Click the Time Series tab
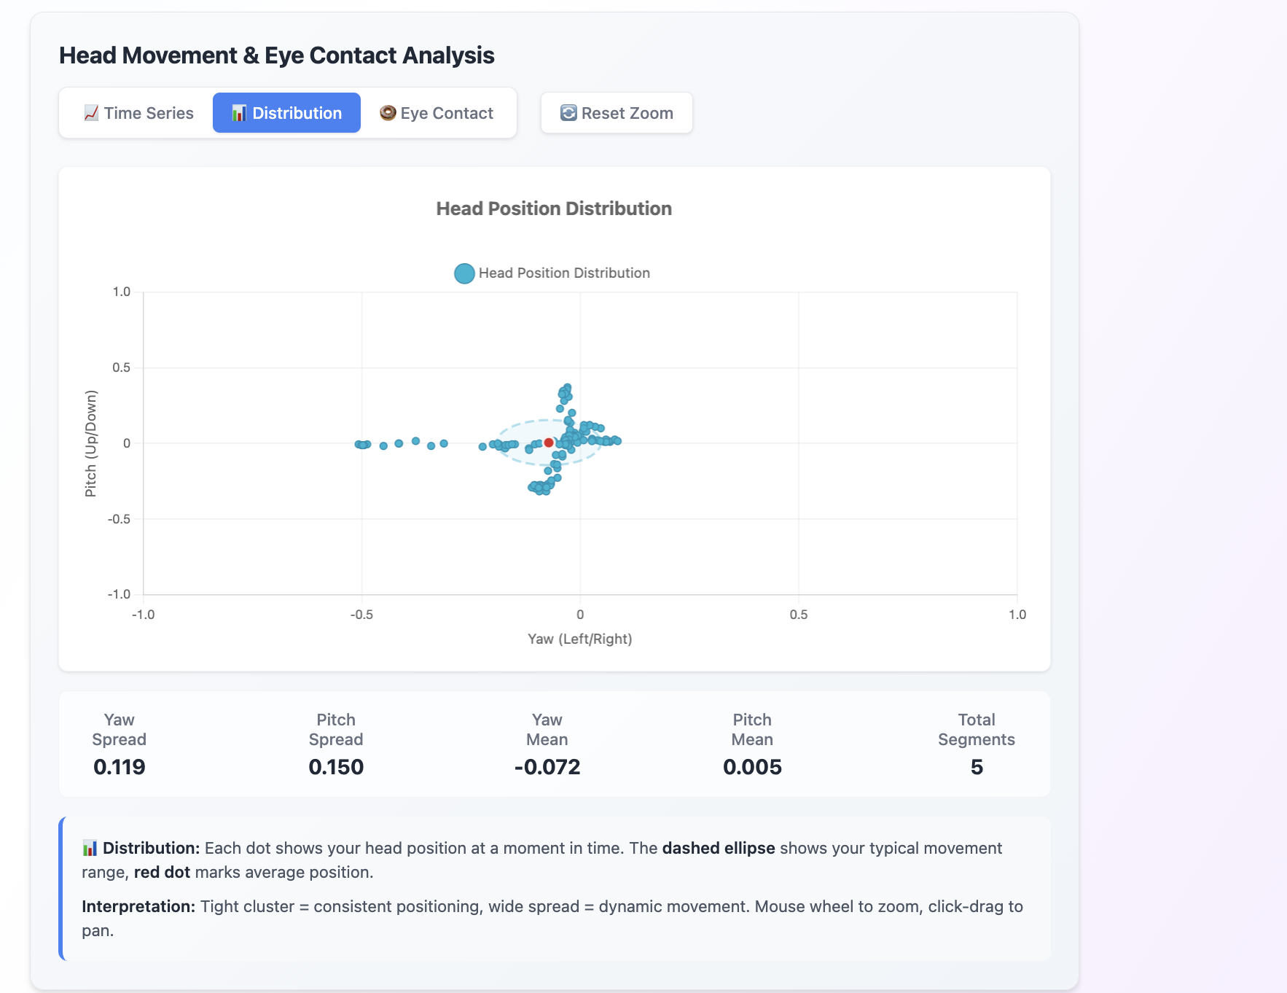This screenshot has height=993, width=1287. [139, 113]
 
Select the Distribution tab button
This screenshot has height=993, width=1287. [286, 113]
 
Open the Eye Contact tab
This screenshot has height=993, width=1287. [437, 113]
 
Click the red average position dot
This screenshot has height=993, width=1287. [549, 443]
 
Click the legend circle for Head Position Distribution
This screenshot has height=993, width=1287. [464, 273]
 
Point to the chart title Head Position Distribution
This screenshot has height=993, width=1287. [554, 209]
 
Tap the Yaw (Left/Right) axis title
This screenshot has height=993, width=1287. [579, 639]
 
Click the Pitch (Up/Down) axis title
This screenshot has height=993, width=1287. [91, 443]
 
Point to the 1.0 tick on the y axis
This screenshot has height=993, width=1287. [121, 292]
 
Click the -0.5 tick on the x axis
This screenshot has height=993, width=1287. [361, 615]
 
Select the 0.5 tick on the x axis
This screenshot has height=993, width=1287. [798, 615]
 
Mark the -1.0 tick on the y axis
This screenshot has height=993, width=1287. [120, 594]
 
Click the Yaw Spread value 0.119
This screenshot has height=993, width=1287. [120, 767]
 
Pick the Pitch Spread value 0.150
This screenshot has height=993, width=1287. [336, 767]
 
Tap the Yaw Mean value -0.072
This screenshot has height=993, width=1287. [547, 767]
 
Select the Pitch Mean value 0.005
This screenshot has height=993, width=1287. [752, 767]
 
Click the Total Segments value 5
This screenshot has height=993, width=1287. [977, 767]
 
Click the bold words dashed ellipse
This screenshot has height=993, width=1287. [718, 848]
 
